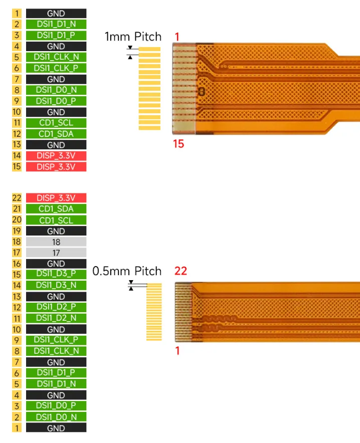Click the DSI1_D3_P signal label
[56, 275]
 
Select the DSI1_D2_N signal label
[56, 318]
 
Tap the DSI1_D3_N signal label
[56, 285]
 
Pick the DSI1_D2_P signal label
[56, 307]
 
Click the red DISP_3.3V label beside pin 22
[56, 198]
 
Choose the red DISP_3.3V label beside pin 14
[56, 156]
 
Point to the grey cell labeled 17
[56, 253]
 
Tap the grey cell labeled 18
[56, 242]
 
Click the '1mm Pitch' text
[133, 37]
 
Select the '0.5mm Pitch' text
[127, 271]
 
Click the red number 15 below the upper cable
[178, 144]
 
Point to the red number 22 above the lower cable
[181, 271]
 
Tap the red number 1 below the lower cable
[177, 351]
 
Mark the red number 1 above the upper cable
[177, 37]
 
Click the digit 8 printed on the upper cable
[202, 92]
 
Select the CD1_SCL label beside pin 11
[56, 123]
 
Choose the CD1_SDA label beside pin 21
[56, 209]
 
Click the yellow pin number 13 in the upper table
[17, 145]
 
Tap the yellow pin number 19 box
[17, 231]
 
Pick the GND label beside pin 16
[56, 264]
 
